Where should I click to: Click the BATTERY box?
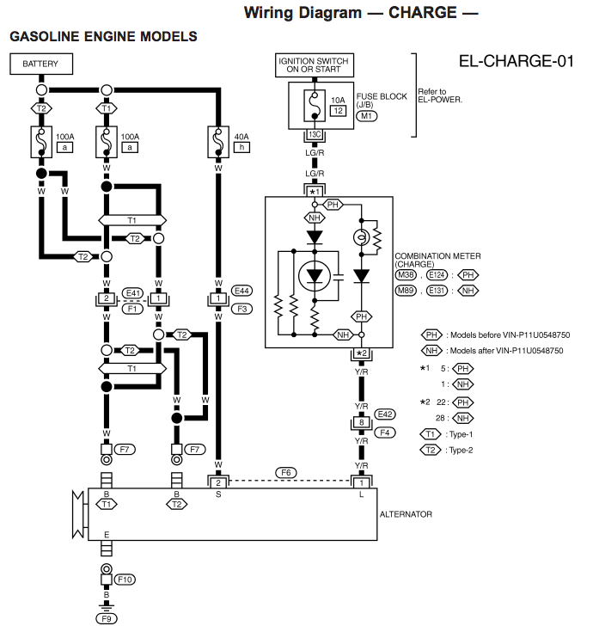coord(40,64)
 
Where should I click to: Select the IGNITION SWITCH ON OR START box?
coord(315,65)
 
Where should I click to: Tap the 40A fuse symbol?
coord(218,140)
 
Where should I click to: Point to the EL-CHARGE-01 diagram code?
coord(516,62)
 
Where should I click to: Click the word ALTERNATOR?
coord(406,514)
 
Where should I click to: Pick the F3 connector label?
coord(241,308)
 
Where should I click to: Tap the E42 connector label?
coord(384,414)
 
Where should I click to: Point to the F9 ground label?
coord(107,617)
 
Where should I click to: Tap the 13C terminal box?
coord(315,136)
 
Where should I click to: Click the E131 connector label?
coord(437,291)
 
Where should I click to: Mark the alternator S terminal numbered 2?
coord(218,482)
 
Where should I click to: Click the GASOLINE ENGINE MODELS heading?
coord(103,37)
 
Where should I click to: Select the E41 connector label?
coord(132,292)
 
